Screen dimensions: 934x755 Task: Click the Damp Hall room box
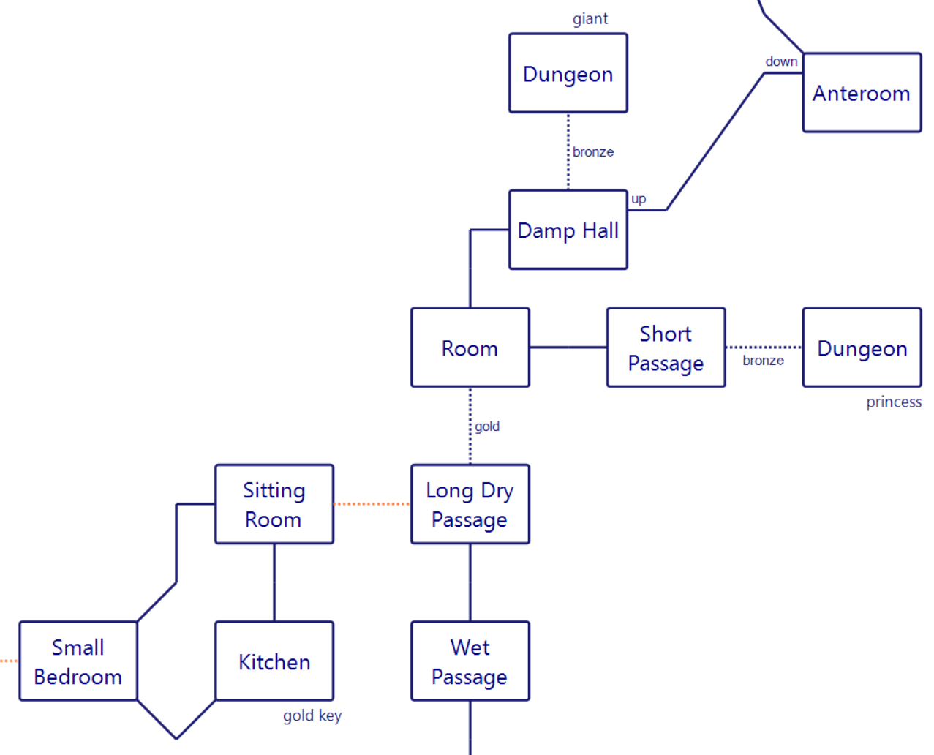(568, 229)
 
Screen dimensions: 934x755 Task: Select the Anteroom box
(862, 92)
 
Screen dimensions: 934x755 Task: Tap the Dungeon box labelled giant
(568, 72)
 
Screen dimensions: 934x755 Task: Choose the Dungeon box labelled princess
(862, 347)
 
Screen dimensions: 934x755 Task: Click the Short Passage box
(666, 347)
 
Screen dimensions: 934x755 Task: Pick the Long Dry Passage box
(470, 504)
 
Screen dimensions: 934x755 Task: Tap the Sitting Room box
(274, 504)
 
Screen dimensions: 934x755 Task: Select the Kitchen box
(274, 661)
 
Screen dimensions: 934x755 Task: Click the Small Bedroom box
(78, 661)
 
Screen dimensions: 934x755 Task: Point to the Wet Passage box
(470, 661)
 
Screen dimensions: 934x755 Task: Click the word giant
(590, 19)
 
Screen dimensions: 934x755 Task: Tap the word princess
(894, 402)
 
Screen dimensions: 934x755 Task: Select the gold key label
(312, 716)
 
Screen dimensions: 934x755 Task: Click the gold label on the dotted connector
(486, 427)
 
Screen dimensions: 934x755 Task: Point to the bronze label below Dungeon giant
(593, 151)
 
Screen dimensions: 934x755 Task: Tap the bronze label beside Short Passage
(763, 361)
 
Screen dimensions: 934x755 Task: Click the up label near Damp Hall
(638, 199)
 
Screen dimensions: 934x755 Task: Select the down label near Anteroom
(781, 61)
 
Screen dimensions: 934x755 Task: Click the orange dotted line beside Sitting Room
(372, 504)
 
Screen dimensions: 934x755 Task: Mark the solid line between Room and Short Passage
(568, 347)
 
